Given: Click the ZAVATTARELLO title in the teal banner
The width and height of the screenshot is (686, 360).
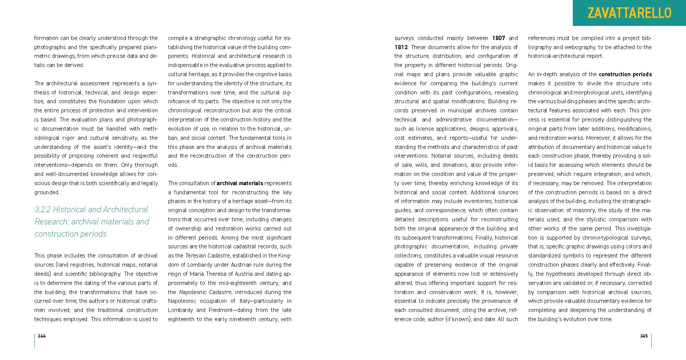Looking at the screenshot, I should (629, 13).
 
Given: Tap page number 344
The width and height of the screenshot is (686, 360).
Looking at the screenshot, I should (42, 336).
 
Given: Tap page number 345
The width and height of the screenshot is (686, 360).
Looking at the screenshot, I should (644, 336).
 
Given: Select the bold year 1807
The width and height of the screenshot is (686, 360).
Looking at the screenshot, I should (498, 38).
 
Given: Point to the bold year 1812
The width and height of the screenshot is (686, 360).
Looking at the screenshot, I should (401, 47).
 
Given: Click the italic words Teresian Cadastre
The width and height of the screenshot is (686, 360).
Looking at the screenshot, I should (207, 256).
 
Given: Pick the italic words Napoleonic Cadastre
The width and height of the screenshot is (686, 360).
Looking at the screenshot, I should (205, 292).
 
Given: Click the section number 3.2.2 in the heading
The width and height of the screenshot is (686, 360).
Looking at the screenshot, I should (43, 210).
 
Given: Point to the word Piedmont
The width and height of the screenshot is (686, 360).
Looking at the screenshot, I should (221, 310).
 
